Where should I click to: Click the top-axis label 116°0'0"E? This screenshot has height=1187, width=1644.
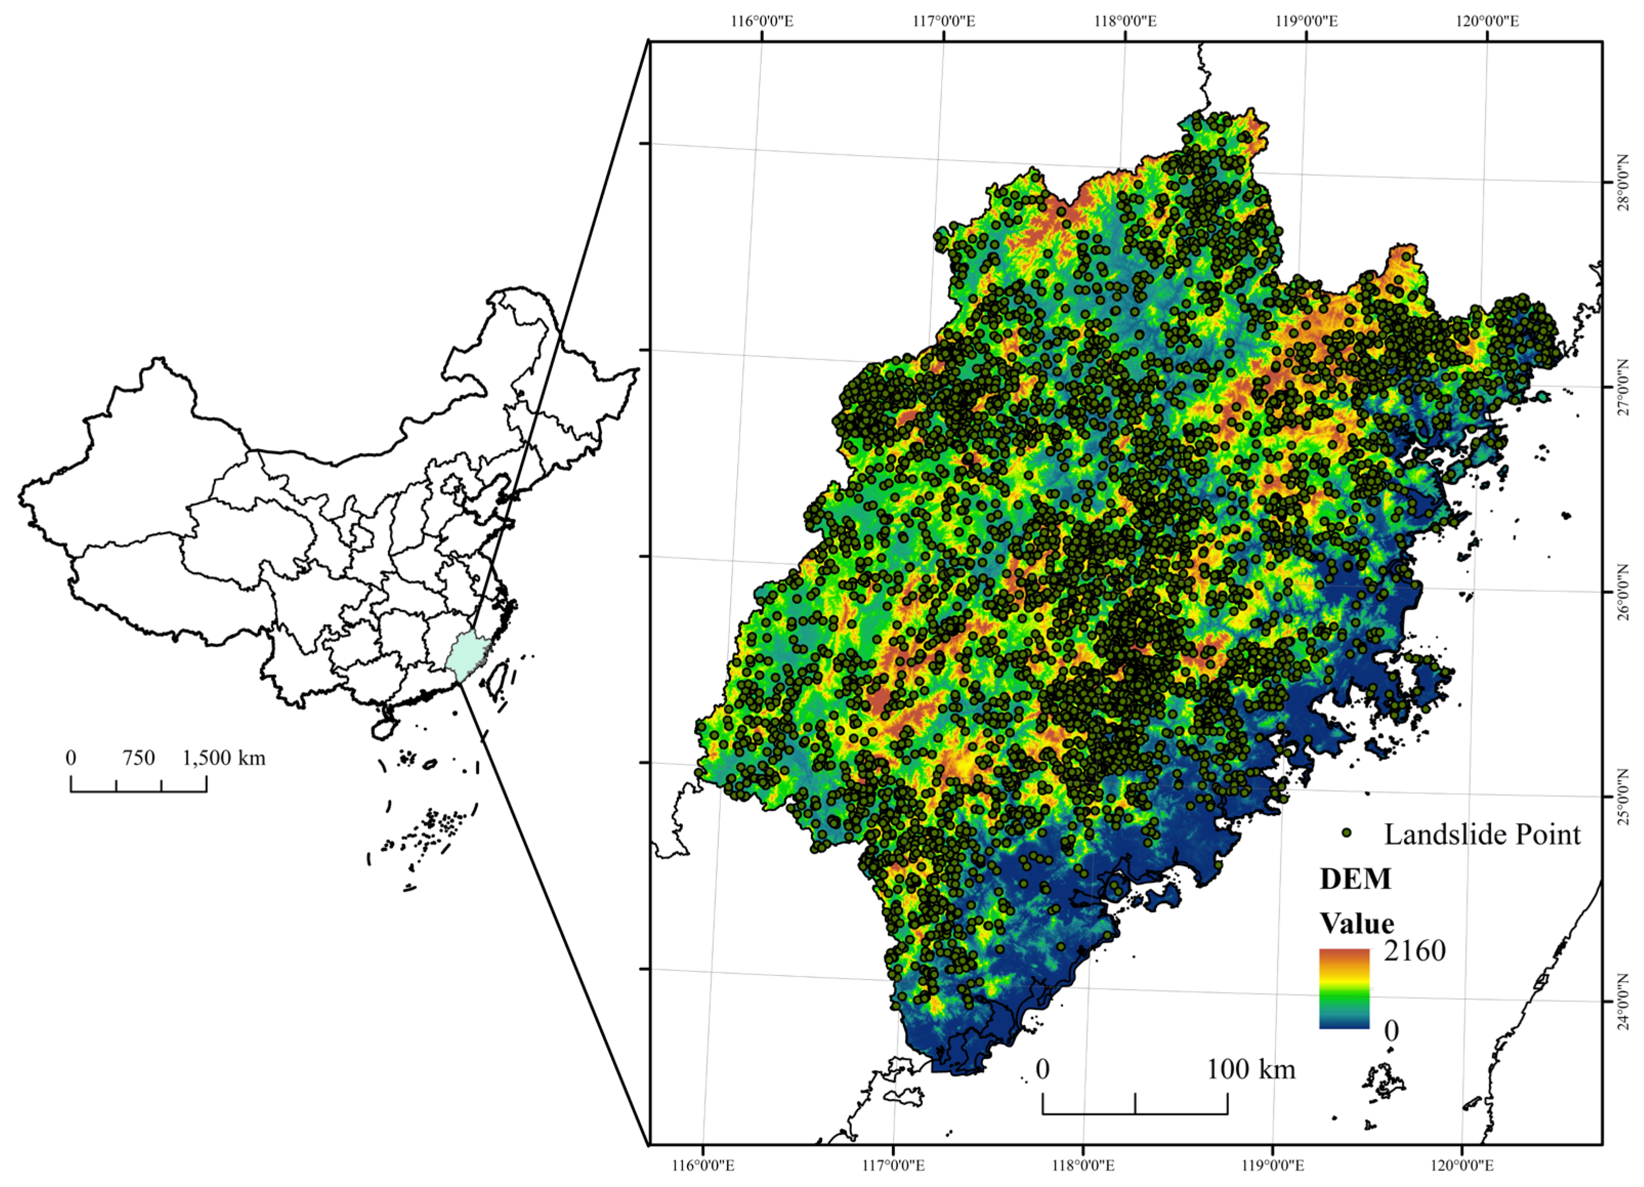click(762, 21)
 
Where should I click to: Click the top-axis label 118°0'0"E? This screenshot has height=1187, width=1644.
click(1125, 21)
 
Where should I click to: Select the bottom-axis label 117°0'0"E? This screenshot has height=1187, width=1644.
click(892, 1165)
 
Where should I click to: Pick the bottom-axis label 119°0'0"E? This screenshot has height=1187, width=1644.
click(1272, 1165)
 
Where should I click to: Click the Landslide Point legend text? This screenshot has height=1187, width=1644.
click(1482, 834)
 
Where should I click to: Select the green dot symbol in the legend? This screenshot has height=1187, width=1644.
click(1347, 832)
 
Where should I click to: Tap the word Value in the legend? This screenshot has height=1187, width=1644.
click(1357, 923)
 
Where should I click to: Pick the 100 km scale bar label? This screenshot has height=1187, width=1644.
click(1251, 1069)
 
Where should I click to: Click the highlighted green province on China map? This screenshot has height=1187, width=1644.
click(466, 656)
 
